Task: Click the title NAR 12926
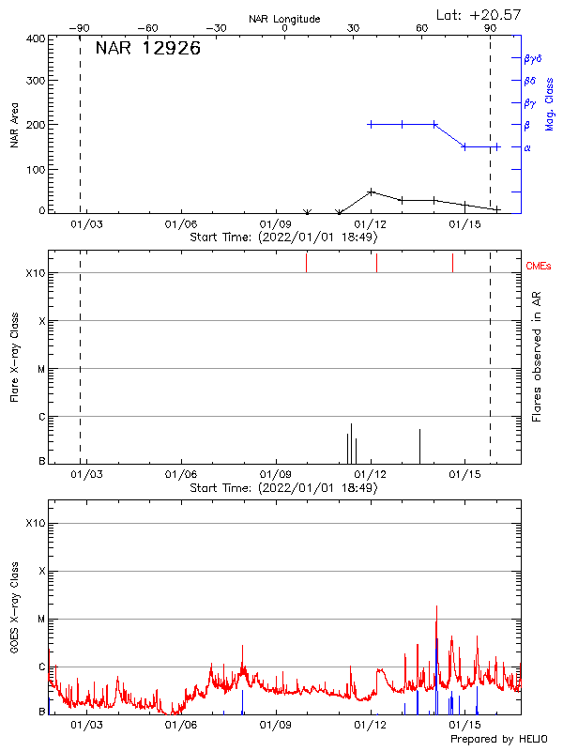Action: (147, 49)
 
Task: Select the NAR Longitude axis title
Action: (284, 19)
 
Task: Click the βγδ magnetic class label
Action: (533, 58)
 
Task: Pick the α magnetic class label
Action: (527, 147)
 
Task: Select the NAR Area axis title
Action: (15, 125)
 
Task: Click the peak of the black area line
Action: (372, 192)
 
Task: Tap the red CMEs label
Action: (539, 267)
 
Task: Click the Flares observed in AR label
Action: (538, 355)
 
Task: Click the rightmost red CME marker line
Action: (452, 262)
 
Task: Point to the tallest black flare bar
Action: (351, 441)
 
